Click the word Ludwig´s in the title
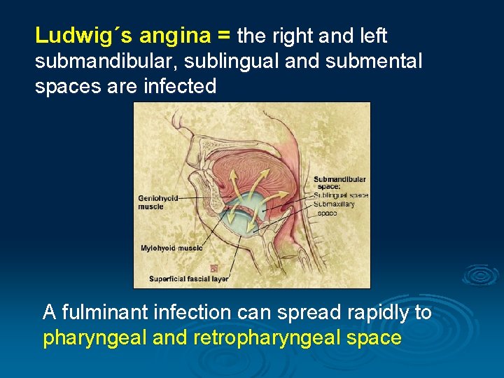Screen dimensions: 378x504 click(x=83, y=35)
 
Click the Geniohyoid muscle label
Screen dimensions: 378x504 click(x=159, y=202)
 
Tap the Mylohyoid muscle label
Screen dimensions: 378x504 click(x=171, y=248)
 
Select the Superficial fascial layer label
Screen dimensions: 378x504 click(x=188, y=279)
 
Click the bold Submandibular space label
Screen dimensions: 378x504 click(x=339, y=183)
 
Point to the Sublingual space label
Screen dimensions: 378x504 click(x=341, y=195)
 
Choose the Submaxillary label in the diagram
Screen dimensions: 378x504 click(x=334, y=204)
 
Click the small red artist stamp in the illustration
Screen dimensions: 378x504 click(x=213, y=268)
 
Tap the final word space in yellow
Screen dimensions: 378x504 click(x=378, y=338)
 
